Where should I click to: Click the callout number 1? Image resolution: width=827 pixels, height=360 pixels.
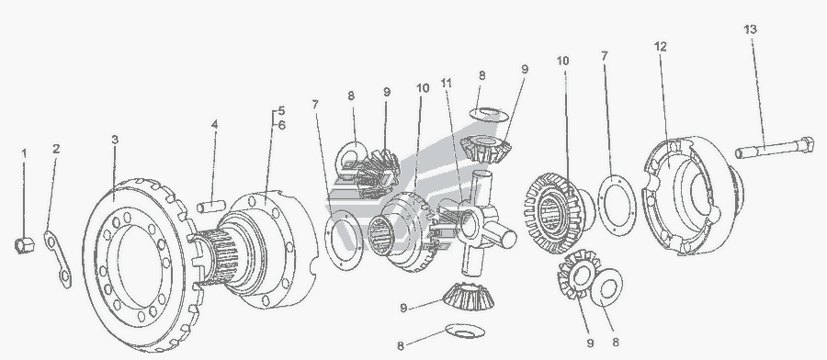24,153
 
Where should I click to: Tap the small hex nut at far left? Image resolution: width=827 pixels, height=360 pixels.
24,245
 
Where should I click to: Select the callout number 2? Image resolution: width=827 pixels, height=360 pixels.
56,149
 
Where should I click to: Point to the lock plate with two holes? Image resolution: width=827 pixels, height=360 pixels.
58,259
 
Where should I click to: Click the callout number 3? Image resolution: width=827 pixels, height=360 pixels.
115,140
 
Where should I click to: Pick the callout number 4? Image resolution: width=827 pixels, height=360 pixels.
214,125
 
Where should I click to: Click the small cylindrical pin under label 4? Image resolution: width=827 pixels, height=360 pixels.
211,207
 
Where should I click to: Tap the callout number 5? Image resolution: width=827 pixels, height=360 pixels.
282,111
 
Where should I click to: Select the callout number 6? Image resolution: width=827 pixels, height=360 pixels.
282,126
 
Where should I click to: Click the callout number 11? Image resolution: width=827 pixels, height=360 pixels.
447,84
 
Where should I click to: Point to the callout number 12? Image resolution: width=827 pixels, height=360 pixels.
661,47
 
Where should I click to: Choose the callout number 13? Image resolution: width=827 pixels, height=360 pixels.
751,29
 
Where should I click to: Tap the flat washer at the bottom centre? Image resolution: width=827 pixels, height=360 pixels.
465,331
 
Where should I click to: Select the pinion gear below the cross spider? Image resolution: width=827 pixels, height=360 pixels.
469,297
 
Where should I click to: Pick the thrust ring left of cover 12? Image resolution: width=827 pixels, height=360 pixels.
617,206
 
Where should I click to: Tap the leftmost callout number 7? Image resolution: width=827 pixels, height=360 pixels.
315,105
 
